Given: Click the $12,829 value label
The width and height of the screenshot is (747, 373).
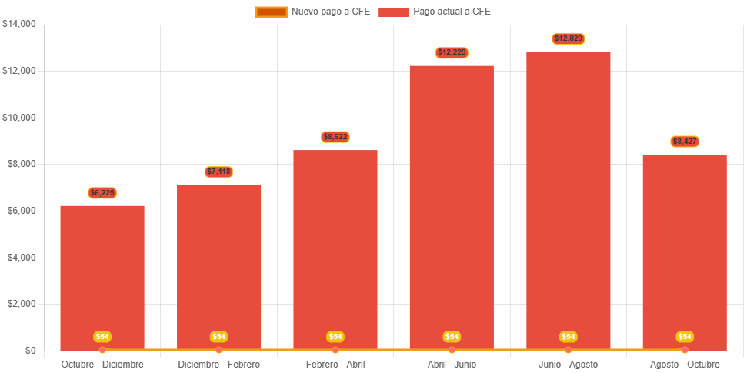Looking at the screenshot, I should pyautogui.click(x=568, y=38).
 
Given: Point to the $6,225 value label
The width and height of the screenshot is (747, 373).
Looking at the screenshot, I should pyautogui.click(x=102, y=192).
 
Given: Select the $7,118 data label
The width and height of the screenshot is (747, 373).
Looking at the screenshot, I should pyautogui.click(x=218, y=172).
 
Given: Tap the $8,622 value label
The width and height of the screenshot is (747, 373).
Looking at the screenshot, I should pyautogui.click(x=335, y=137).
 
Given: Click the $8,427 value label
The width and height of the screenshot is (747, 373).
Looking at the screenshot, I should pyautogui.click(x=685, y=142).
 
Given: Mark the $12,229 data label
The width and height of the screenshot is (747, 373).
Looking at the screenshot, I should pyautogui.click(x=452, y=52).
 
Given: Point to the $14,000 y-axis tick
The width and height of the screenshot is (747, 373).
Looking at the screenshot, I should pyautogui.click(x=19, y=24).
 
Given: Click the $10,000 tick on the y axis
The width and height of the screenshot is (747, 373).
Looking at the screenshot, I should pyautogui.click(x=19, y=118).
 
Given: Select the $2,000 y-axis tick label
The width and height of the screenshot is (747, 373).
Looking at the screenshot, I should pyautogui.click(x=21, y=304).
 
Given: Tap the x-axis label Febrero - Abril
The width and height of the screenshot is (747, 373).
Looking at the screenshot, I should pyautogui.click(x=335, y=364).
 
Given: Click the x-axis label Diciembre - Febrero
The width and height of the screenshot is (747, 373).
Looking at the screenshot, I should pyautogui.click(x=218, y=364).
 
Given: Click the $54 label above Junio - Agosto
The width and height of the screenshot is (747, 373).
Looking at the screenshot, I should pyautogui.click(x=568, y=337).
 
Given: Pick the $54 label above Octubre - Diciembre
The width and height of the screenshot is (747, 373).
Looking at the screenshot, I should pyautogui.click(x=102, y=337).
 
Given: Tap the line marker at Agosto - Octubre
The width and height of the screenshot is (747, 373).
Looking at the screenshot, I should pyautogui.click(x=685, y=350).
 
